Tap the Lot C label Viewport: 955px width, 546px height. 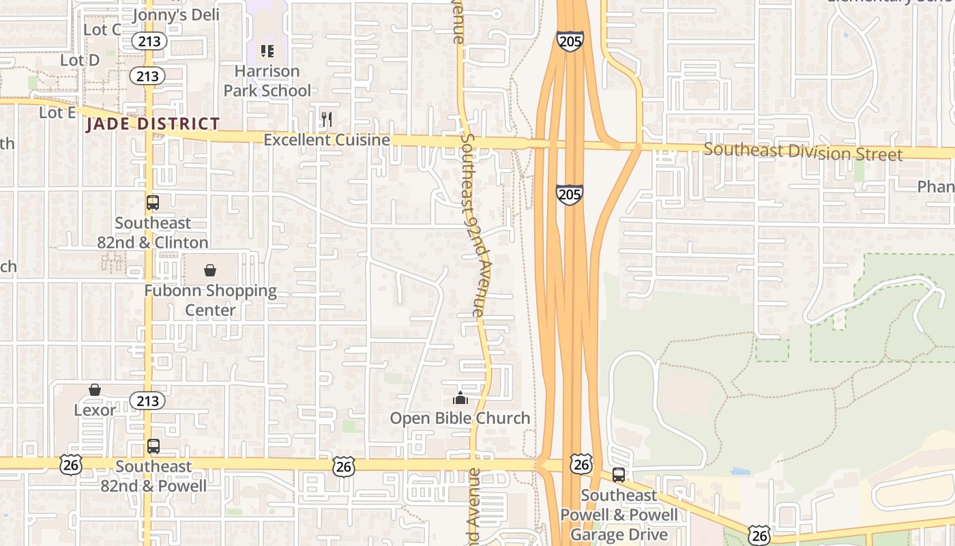[x=102, y=29]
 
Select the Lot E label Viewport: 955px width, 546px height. [x=57, y=113]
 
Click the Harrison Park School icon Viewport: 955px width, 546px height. [x=267, y=51]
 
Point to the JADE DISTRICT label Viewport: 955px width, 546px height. [x=153, y=124]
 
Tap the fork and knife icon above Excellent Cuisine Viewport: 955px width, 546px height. [x=327, y=119]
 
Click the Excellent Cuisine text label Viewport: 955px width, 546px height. [x=327, y=140]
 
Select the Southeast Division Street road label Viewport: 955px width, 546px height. [x=803, y=152]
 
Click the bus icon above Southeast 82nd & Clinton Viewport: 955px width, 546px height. [x=153, y=202]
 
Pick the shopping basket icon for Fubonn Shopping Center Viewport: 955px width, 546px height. [x=210, y=270]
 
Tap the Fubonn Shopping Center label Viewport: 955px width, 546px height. [x=211, y=300]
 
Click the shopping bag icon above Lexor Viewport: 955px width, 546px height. [x=95, y=390]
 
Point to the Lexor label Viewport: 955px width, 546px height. [x=95, y=410]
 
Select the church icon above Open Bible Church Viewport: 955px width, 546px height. [x=460, y=398]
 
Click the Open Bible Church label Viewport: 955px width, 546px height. [x=460, y=418]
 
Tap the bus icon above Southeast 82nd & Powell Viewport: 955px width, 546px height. [x=153, y=446]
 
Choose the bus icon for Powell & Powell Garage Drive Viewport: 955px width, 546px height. [x=619, y=475]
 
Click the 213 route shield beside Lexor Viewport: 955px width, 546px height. [x=147, y=400]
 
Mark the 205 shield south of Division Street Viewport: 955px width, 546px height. [x=569, y=195]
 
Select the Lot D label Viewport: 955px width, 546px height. [x=80, y=60]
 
